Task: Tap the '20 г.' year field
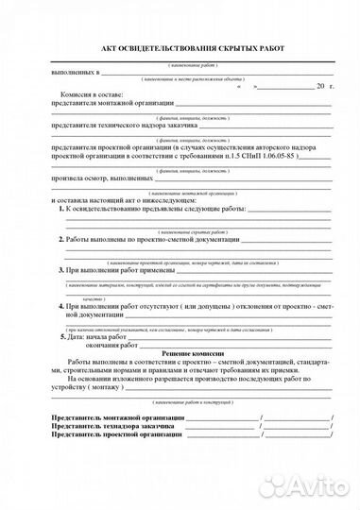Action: click(x=325, y=86)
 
